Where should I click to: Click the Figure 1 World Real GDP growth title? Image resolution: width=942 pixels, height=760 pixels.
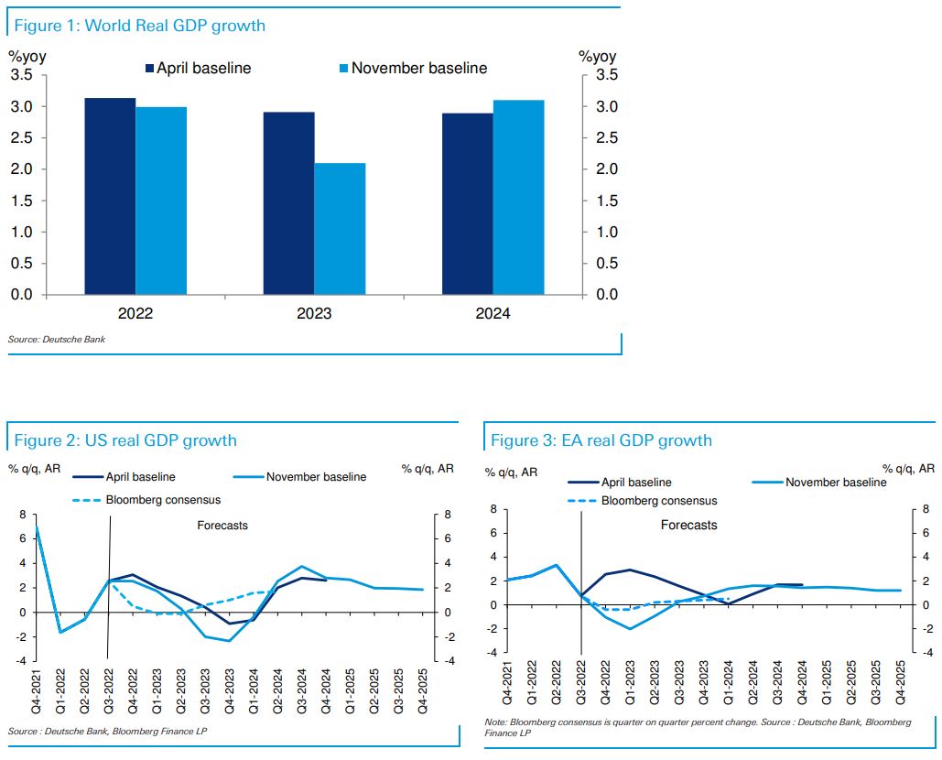click(x=139, y=26)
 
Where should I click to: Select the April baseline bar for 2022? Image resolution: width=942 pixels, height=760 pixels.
click(x=110, y=196)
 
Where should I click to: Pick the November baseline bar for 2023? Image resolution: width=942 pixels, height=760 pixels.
click(x=340, y=229)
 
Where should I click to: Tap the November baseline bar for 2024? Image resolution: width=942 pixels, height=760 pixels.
click(x=518, y=197)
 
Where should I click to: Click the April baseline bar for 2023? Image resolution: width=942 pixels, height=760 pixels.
click(x=288, y=203)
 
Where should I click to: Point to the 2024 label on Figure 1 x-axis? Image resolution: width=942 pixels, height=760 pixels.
click(x=493, y=314)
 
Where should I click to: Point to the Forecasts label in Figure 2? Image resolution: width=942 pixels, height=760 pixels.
click(x=222, y=526)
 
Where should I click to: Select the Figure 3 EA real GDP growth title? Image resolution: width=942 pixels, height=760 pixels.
click(x=601, y=440)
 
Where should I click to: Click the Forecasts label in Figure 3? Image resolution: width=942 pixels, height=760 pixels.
click(x=688, y=526)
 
